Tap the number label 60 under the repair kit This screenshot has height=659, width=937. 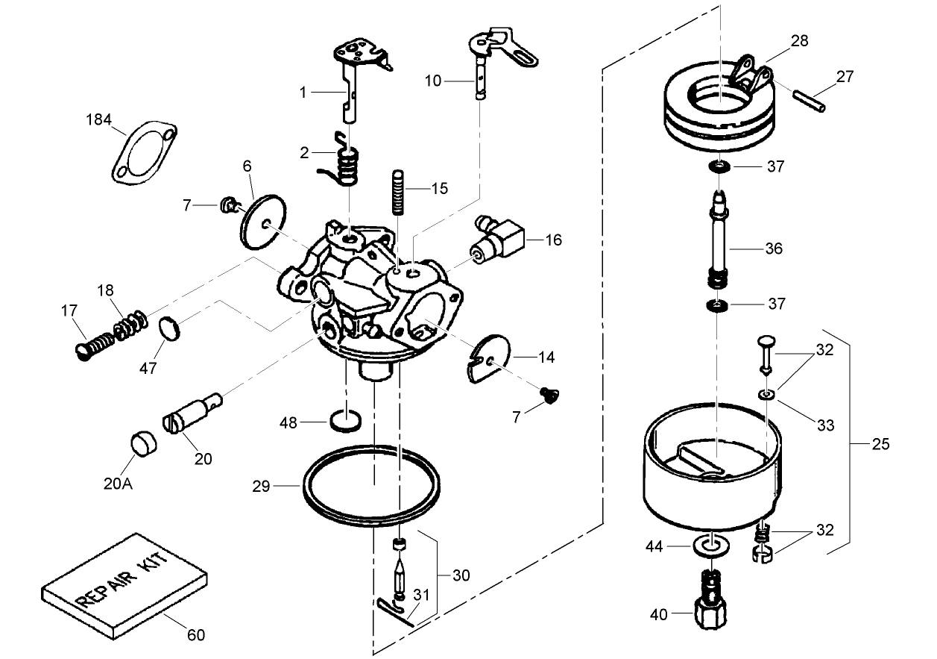(195, 636)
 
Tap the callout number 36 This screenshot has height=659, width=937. (774, 248)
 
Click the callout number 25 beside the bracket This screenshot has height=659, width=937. (880, 444)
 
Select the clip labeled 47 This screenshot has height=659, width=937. (171, 328)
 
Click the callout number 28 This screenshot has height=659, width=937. (799, 40)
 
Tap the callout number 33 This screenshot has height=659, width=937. (825, 425)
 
